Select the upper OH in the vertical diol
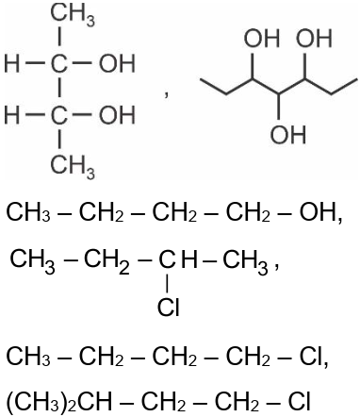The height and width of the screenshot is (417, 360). [x=116, y=66]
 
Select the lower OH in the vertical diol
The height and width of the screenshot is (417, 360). [x=116, y=117]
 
